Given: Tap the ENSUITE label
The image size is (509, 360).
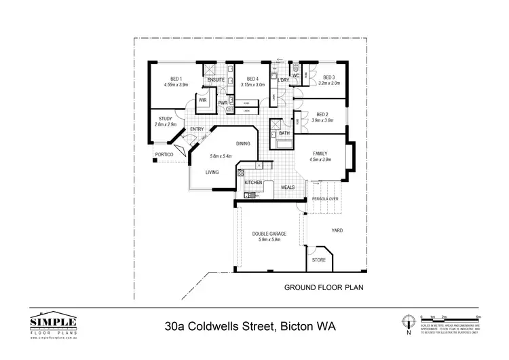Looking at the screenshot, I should click(x=216, y=79).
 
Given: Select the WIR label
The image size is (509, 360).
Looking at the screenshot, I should click(x=202, y=100).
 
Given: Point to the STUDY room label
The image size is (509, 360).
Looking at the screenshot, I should click(x=165, y=118).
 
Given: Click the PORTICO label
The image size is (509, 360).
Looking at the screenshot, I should click(x=164, y=155).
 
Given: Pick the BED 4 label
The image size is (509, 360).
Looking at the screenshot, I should click(x=253, y=78).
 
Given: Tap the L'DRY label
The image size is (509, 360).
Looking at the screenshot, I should click(x=284, y=81).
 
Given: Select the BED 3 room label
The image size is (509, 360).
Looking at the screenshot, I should click(x=330, y=77).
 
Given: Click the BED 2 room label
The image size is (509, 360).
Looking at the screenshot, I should click(x=322, y=114).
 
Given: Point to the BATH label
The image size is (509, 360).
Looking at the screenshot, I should click(x=284, y=133).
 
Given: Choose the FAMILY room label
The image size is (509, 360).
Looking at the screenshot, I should click(x=320, y=154).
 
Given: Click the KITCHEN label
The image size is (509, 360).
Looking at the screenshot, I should click(x=253, y=183).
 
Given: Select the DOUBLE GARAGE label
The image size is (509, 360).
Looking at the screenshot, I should click(x=270, y=234).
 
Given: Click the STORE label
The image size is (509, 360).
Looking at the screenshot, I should click(x=318, y=260).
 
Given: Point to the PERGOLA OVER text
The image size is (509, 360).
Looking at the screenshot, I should click(x=325, y=198).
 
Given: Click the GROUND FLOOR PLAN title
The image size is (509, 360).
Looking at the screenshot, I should click(x=323, y=287).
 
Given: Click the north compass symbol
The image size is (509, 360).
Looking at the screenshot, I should click(x=408, y=323).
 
